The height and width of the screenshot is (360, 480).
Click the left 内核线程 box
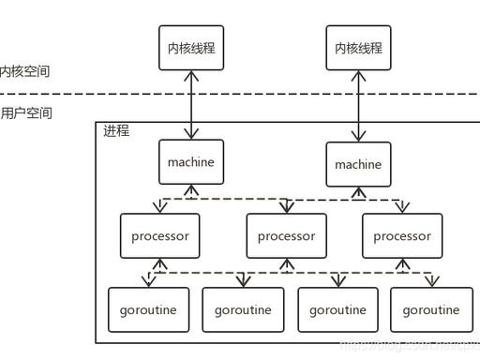[190, 48]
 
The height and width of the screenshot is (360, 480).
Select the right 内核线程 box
[358, 48]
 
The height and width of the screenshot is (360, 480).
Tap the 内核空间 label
[24, 71]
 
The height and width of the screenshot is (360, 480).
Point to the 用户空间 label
[26, 113]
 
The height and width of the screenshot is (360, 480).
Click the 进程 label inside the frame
[116, 131]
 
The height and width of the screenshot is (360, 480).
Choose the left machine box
[190, 162]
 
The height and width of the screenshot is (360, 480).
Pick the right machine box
[358, 164]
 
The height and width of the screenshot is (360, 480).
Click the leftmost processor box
[160, 235]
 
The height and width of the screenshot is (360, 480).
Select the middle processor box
[287, 235]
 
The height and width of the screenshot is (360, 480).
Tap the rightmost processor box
[402, 235]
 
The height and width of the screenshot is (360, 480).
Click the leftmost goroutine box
[149, 309]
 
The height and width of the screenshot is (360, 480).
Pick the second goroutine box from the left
[243, 309]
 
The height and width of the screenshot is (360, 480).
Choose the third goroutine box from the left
[337, 309]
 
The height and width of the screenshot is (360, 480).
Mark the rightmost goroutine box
[431, 309]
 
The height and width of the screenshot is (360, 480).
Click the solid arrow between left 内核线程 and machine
[191, 105]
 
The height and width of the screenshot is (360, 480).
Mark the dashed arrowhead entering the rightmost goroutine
[431, 281]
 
